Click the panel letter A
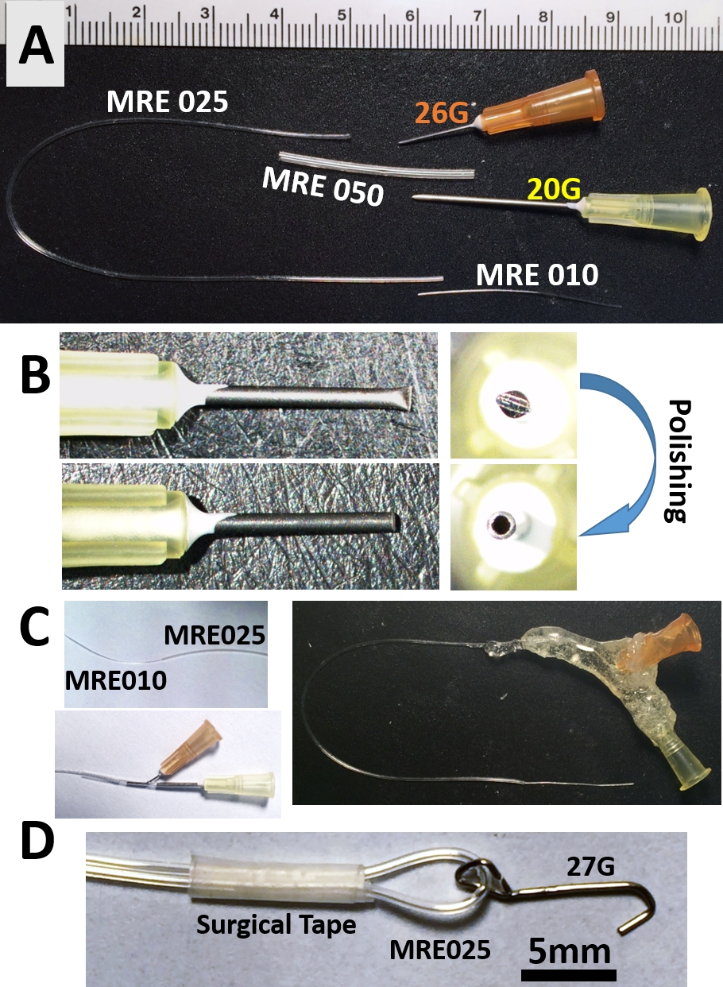[36, 47]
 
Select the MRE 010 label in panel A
[536, 275]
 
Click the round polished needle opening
[503, 524]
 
